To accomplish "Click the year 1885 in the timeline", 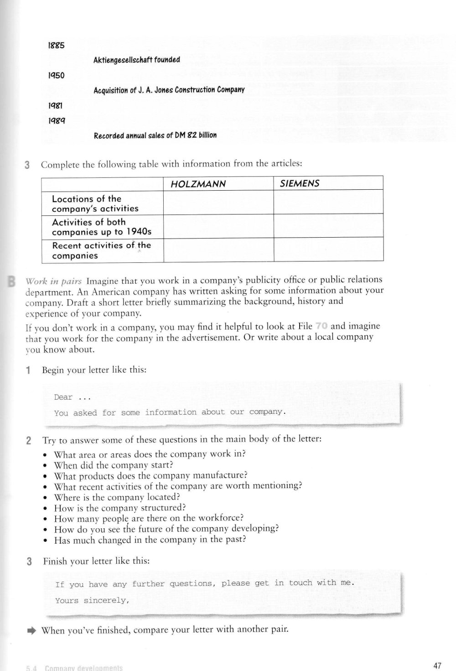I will click(x=57, y=46).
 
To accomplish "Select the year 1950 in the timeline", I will click(x=57, y=76).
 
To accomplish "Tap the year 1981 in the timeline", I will click(x=56, y=105).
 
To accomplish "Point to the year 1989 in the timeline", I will click(x=57, y=121).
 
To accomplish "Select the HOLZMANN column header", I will click(x=198, y=184).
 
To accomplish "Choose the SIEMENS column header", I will click(x=300, y=183).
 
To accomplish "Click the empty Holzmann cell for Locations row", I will click(x=218, y=203).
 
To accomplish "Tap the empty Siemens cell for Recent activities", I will click(x=328, y=250).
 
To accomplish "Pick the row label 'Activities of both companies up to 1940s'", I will click(x=101, y=227).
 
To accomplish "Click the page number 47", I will click(x=437, y=666).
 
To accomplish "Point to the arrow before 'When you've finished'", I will click(x=31, y=630).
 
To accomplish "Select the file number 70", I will click(x=321, y=326).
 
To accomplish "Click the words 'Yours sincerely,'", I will click(x=93, y=600).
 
